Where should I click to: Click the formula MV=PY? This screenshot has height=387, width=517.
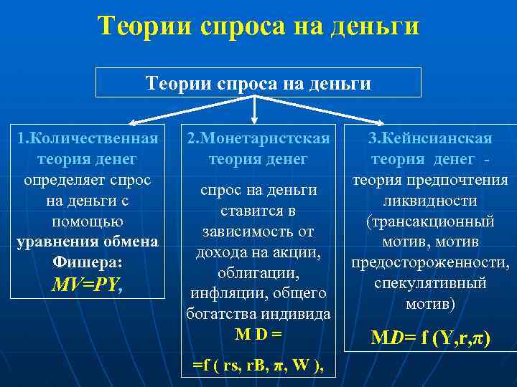tap(86, 286)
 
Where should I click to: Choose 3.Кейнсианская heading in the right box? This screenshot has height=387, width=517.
tap(430, 138)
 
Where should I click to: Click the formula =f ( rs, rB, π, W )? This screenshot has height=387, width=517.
tap(258, 365)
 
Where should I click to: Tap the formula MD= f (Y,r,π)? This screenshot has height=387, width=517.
tap(430, 337)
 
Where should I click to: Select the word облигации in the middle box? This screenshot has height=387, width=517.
tap(258, 273)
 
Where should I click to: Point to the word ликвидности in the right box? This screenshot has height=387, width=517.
tap(430, 201)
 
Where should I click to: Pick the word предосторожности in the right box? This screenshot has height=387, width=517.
tap(430, 263)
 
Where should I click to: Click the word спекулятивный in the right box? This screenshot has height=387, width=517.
tap(430, 283)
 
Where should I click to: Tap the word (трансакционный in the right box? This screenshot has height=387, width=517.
tap(430, 221)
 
